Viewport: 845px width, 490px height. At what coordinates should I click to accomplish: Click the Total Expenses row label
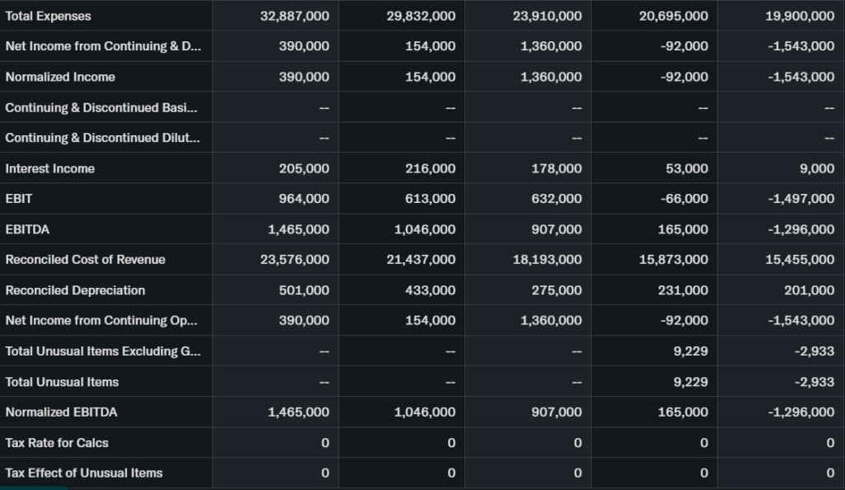(x=49, y=16)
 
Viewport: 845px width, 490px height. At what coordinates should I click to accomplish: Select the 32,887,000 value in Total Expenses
(x=295, y=16)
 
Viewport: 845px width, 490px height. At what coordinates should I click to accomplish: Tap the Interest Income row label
(x=50, y=168)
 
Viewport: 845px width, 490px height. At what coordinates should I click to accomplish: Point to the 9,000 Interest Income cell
(x=817, y=168)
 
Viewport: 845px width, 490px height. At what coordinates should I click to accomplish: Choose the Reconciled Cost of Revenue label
(x=86, y=260)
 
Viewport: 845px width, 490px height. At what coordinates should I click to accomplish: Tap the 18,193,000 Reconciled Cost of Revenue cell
(x=547, y=260)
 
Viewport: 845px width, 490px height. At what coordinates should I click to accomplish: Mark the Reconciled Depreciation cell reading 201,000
(x=809, y=290)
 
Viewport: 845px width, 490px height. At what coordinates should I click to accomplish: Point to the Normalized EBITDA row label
(x=62, y=412)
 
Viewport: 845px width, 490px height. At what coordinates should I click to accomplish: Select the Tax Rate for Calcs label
(x=57, y=443)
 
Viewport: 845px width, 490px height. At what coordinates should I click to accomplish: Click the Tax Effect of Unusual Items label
(x=84, y=474)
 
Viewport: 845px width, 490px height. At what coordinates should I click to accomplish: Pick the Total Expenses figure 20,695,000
(x=673, y=16)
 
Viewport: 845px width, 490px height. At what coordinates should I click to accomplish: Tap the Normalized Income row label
(x=60, y=77)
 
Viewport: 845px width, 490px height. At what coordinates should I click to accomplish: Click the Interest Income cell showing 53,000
(x=687, y=168)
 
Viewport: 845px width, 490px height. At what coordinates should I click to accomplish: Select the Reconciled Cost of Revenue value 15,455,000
(x=800, y=260)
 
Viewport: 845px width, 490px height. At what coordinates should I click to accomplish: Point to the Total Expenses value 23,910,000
(x=547, y=16)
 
